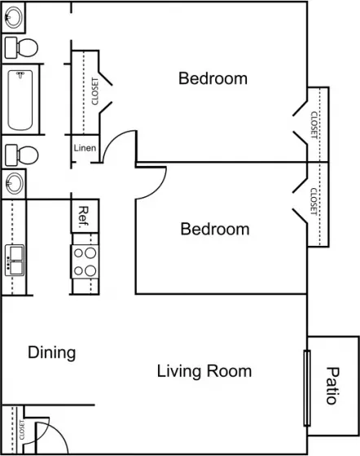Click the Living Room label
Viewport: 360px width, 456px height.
(204, 371)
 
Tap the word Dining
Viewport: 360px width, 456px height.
(52, 353)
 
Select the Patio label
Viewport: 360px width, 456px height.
(332, 386)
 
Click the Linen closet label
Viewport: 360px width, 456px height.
(85, 148)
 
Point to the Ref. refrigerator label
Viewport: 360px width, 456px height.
(84, 217)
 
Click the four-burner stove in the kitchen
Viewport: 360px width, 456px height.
(85, 261)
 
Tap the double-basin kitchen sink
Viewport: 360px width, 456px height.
(15, 261)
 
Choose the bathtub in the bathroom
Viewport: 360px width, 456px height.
(20, 99)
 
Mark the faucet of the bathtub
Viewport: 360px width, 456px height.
(20, 75)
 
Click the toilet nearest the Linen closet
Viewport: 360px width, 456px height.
(22, 156)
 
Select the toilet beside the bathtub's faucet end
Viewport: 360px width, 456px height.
(21, 48)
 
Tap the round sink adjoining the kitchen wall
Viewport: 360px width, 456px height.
(14, 183)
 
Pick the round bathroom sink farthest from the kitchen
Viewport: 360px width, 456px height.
(14, 17)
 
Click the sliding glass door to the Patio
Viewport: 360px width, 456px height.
(307, 388)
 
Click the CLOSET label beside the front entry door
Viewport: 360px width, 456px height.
(21, 430)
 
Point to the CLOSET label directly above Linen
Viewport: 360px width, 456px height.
(94, 91)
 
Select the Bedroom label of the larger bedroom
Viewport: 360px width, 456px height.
(213, 78)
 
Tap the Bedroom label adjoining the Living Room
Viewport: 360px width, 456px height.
(215, 229)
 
